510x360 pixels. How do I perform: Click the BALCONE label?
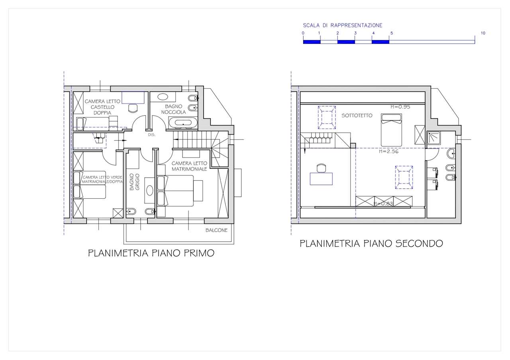(x=216, y=230)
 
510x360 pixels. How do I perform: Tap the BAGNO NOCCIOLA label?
(x=173, y=109)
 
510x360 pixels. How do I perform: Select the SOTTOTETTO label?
(x=357, y=115)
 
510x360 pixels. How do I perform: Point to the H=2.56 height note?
(x=388, y=151)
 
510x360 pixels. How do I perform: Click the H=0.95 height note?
(x=400, y=107)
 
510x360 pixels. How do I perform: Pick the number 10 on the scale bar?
(x=483, y=33)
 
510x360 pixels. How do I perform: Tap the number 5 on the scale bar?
(x=392, y=33)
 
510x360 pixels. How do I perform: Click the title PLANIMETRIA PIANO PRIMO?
(x=151, y=253)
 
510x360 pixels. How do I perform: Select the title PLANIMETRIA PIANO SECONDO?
(x=371, y=243)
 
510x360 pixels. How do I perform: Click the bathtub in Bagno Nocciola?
(x=183, y=123)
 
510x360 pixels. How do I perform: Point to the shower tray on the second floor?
(x=433, y=138)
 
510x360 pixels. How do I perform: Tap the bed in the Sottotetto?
(x=391, y=130)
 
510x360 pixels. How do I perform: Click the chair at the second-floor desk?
(x=321, y=168)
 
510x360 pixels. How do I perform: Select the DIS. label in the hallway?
(x=152, y=135)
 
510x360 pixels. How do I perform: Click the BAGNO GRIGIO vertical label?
(x=134, y=182)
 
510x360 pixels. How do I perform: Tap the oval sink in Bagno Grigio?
(x=149, y=190)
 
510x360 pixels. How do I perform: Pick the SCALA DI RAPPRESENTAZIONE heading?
(x=342, y=25)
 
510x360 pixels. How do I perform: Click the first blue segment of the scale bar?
(x=312, y=42)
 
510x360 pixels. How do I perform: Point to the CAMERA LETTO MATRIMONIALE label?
(x=189, y=166)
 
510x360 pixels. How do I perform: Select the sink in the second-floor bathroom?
(x=451, y=154)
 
